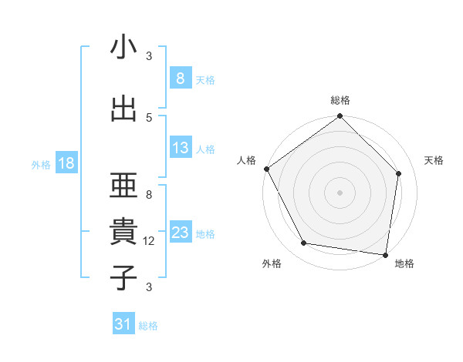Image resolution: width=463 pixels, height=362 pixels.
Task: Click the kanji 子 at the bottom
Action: [x=123, y=277]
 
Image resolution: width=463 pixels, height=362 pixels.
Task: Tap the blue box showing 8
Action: [x=180, y=78]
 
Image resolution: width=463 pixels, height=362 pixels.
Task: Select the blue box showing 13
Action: [x=180, y=148]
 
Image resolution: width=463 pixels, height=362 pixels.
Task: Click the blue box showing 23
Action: [x=180, y=233]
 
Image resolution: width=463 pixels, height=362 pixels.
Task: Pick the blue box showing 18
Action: [x=66, y=163]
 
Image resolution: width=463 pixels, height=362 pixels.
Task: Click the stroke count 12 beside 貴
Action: [x=149, y=241]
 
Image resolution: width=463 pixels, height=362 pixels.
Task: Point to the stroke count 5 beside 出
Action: [x=149, y=117]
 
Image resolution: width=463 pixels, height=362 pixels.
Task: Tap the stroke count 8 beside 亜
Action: [x=149, y=195]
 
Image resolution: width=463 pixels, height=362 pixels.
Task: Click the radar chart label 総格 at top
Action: [x=340, y=100]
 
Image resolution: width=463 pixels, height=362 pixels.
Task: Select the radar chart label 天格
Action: [x=434, y=160]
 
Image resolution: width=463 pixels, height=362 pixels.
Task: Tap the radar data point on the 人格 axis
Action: [x=266, y=169]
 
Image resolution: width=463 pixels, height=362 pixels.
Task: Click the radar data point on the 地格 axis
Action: [x=386, y=254]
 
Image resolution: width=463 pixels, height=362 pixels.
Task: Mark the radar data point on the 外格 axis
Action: [x=304, y=243]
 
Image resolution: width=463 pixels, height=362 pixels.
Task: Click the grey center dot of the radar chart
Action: [x=340, y=192]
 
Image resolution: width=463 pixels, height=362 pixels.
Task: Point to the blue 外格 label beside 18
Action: [x=41, y=164]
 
